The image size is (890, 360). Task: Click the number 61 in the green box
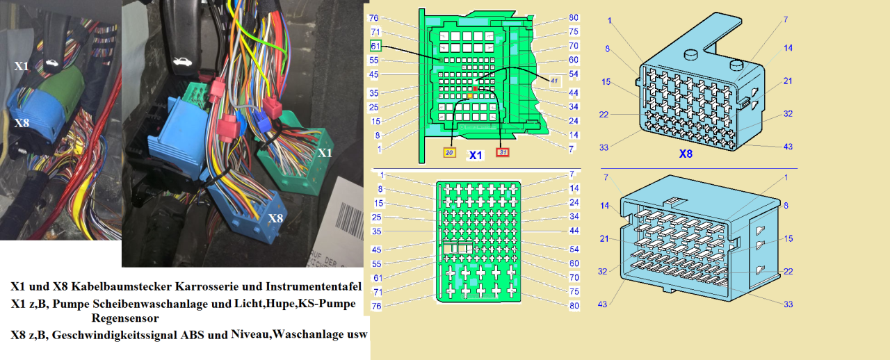tap(375, 46)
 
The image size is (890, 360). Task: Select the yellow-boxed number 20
tap(450, 153)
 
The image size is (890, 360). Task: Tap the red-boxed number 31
tap(501, 153)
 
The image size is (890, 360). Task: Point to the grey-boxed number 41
tap(554, 81)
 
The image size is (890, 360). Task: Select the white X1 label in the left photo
tap(22, 66)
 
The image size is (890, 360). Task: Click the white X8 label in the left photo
tap(21, 123)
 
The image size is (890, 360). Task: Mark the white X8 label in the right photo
tap(276, 218)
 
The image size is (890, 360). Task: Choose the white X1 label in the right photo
tap(325, 152)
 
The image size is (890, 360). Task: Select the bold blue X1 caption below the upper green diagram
tap(475, 156)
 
